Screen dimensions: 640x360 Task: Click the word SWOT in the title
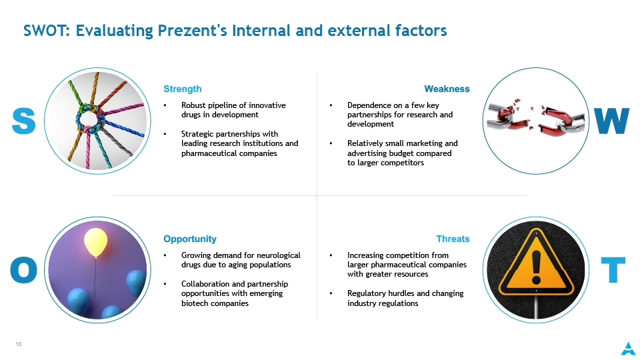[x=47, y=31]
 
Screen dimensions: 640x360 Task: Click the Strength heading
[x=183, y=89]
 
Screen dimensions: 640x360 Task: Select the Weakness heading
[x=447, y=89]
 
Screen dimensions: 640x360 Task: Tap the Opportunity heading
[x=190, y=239]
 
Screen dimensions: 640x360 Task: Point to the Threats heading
[x=453, y=239]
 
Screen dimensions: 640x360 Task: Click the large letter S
[x=24, y=121]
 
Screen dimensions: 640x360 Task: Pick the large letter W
[x=611, y=121]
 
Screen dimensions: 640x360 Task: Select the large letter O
[x=24, y=270]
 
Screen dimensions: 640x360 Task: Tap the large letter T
[x=613, y=270]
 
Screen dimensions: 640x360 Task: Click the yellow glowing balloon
[x=95, y=241]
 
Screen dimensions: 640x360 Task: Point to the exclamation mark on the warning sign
[x=536, y=267]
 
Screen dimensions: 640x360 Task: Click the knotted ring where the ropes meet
[x=90, y=119]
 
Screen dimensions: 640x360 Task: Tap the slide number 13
[x=19, y=344]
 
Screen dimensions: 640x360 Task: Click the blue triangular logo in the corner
[x=628, y=349]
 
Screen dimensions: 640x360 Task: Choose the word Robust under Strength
[x=193, y=105]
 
